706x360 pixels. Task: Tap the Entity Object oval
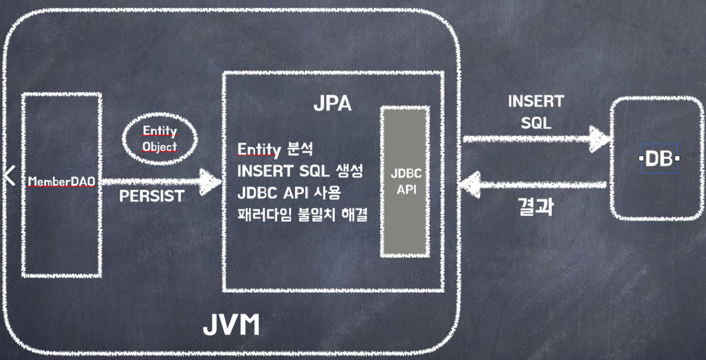(x=159, y=138)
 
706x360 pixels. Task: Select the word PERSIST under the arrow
(x=152, y=196)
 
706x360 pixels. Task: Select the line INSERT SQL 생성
(x=300, y=171)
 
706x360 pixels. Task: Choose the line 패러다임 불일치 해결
(x=302, y=214)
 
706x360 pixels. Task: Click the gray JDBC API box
(x=406, y=181)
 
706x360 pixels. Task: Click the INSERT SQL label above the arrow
(x=536, y=112)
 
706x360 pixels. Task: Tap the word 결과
(x=536, y=207)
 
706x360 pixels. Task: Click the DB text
(x=658, y=159)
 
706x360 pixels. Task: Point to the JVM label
(x=231, y=325)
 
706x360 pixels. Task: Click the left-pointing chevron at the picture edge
(x=8, y=176)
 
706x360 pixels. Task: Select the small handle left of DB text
(x=641, y=159)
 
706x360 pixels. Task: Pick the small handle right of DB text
(x=677, y=159)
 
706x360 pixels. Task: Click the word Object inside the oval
(x=159, y=146)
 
